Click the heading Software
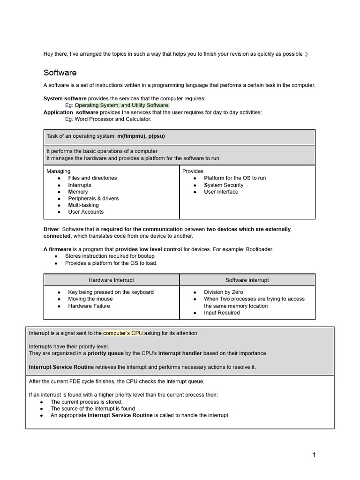tap(60, 73)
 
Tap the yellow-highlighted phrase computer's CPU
tap(123, 333)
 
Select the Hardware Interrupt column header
tap(111, 280)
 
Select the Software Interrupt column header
tap(247, 280)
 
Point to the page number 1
tap(314, 455)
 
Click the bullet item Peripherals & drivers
tap(93, 198)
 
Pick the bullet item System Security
tap(224, 185)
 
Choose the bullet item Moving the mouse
tap(90, 299)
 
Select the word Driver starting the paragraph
tap(52, 229)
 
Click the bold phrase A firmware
tap(58, 249)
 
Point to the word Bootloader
tap(259, 249)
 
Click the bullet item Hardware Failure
tap(89, 306)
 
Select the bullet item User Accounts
tap(86, 212)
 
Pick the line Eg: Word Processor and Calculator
tap(108, 119)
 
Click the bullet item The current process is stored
tap(86, 402)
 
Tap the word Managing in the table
tap(59, 171)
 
